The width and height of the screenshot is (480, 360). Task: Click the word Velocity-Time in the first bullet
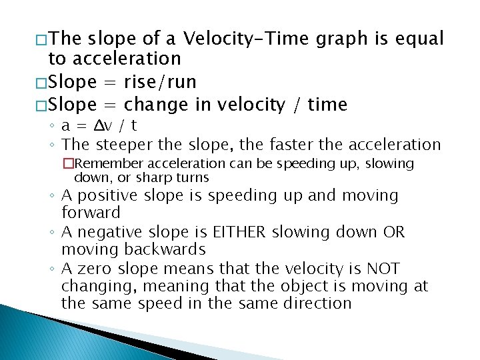coord(246,39)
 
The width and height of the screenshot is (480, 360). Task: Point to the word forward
coord(91,213)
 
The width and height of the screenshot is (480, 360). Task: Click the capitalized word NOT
coord(383,269)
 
